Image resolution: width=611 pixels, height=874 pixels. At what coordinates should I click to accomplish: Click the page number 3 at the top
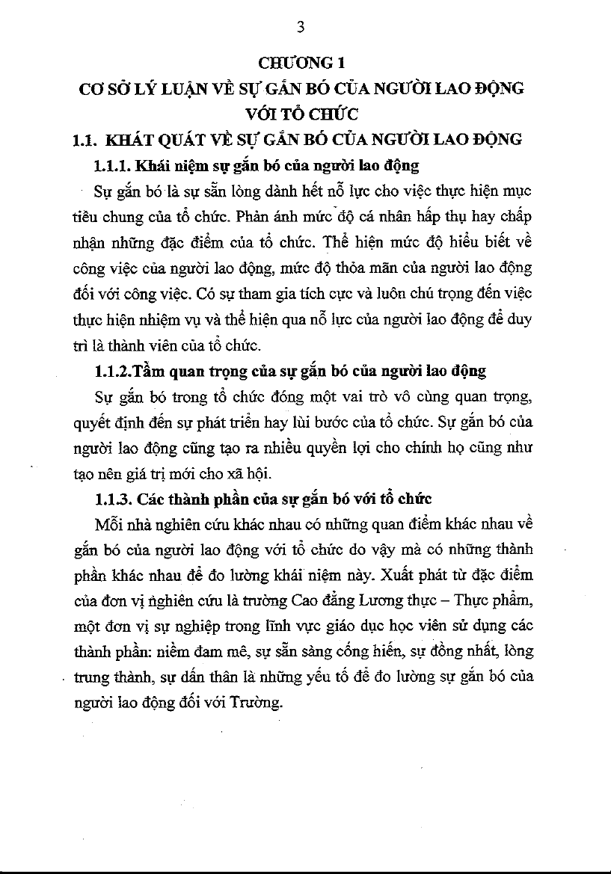click(x=301, y=28)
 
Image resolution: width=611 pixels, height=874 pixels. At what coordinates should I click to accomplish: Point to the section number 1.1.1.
click(x=113, y=165)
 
